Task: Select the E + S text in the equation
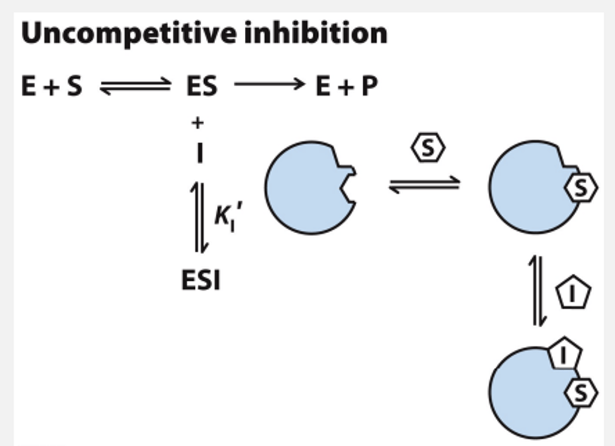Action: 52,86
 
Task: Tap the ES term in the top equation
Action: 202,86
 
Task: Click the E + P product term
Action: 346,86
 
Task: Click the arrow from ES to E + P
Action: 269,84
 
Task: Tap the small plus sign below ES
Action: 197,123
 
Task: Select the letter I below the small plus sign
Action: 199,153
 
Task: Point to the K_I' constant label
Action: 228,216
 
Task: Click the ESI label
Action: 201,281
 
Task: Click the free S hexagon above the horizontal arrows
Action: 428,147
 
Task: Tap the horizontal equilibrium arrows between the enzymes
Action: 425,185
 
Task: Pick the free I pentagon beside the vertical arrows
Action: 573,293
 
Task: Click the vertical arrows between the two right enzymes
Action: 537,290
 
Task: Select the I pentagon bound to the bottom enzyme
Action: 564,354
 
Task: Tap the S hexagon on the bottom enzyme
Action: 581,393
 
